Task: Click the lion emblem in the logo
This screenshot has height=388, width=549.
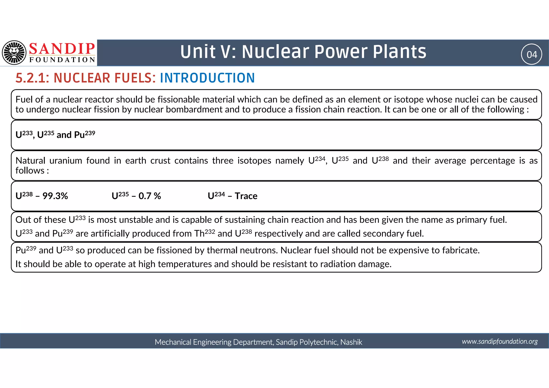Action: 14,53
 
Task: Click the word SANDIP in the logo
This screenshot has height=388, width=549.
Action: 62,49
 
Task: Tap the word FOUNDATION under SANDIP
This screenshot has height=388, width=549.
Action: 62,60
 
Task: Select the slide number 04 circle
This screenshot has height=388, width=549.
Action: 531,54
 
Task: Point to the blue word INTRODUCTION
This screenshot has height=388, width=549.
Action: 207,78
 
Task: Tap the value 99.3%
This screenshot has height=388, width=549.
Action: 55,196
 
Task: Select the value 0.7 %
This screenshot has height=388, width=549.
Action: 150,196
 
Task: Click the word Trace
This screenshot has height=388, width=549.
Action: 246,196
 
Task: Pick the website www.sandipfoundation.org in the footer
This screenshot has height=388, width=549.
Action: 500,341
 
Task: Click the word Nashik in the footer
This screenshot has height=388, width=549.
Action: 351,342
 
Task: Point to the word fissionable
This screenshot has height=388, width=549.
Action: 179,99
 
